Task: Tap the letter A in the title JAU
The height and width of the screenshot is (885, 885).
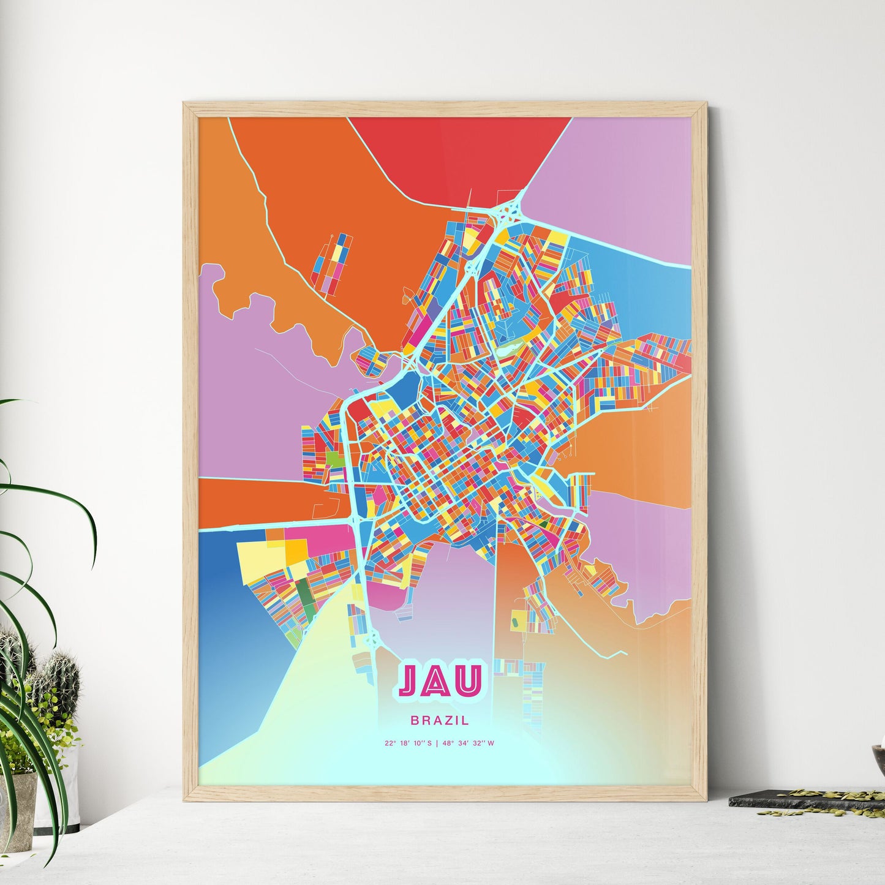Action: (440, 682)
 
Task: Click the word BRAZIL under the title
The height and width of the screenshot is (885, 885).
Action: (440, 721)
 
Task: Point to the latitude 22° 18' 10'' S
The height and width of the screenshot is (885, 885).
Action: (408, 744)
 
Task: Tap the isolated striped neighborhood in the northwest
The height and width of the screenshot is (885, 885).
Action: (331, 264)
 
